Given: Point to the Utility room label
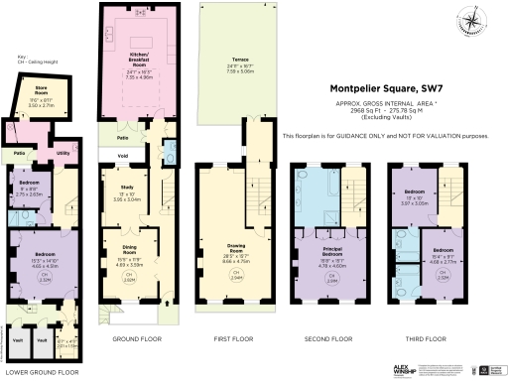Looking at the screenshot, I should [x=63, y=154].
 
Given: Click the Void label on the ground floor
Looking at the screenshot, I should [x=123, y=156].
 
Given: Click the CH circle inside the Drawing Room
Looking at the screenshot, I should [x=235, y=275].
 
